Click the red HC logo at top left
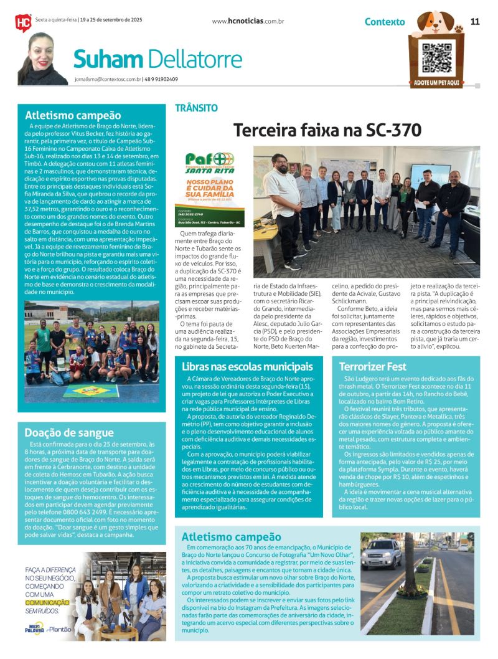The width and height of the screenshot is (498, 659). click(23, 23)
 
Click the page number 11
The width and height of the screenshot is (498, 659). click(475, 21)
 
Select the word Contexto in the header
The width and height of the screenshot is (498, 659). click(385, 22)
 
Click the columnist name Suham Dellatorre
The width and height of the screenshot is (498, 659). click(157, 59)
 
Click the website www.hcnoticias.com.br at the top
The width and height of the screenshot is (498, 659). click(248, 21)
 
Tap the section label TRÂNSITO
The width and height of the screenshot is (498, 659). click(196, 108)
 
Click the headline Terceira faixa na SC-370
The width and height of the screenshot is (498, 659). click(327, 130)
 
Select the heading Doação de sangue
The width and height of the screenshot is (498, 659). click(69, 432)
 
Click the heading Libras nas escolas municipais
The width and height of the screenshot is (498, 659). click(247, 366)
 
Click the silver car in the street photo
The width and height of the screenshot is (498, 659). click(381, 552)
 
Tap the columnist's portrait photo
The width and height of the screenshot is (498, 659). click(43, 59)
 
